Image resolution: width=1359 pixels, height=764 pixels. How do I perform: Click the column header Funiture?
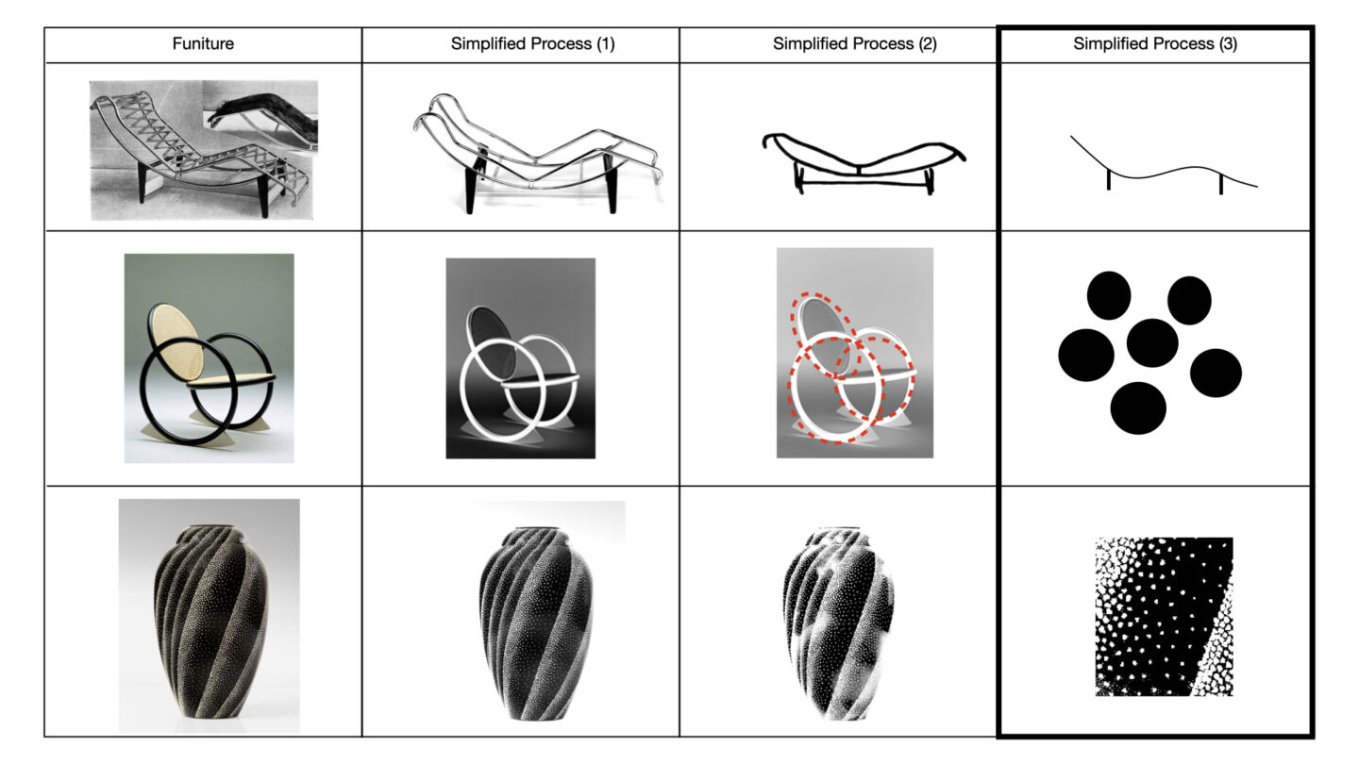pyautogui.click(x=203, y=43)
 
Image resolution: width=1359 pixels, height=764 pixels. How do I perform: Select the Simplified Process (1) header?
pyautogui.click(x=532, y=43)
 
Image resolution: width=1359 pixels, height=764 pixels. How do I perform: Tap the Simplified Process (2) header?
pyautogui.click(x=854, y=43)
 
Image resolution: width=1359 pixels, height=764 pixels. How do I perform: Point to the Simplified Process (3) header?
pyautogui.click(x=1154, y=43)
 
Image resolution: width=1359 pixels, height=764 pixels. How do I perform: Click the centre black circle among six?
pyautogui.click(x=1152, y=343)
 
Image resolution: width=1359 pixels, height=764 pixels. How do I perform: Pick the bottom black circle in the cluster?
pyautogui.click(x=1137, y=408)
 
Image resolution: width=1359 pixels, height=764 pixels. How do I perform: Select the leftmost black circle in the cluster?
pyautogui.click(x=1086, y=356)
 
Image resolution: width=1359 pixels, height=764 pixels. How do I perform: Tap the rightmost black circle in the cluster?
pyautogui.click(x=1216, y=373)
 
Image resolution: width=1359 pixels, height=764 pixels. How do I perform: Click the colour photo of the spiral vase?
pyautogui.click(x=209, y=616)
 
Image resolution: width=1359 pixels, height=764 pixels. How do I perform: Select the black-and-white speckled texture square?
pyautogui.click(x=1164, y=617)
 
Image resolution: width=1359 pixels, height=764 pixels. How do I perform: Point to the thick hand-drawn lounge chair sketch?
pyautogui.click(x=864, y=162)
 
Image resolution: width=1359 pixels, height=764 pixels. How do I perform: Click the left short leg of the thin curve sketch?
pyautogui.click(x=1108, y=180)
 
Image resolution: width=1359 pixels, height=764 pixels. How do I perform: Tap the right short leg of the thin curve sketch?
pyautogui.click(x=1220, y=184)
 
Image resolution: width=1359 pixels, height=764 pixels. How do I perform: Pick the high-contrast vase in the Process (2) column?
pyautogui.click(x=838, y=623)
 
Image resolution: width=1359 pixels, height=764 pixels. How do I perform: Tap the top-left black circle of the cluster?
pyautogui.click(x=1108, y=295)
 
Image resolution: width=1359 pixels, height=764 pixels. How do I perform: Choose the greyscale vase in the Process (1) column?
pyautogui.click(x=533, y=623)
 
